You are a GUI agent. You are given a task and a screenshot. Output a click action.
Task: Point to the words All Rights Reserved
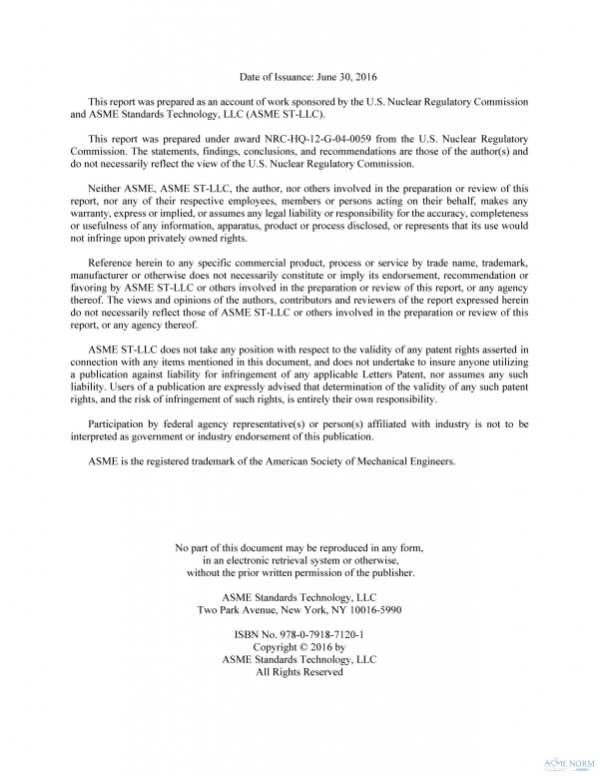click(299, 672)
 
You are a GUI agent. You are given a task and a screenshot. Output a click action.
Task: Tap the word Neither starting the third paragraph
click(109, 188)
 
